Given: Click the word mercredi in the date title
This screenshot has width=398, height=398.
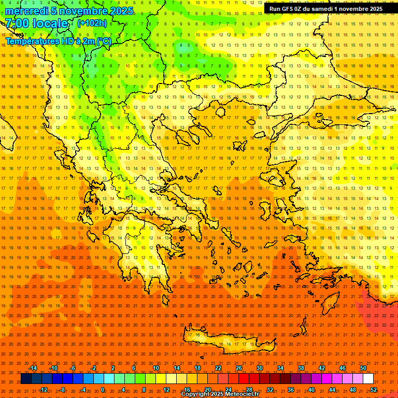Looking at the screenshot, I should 27,11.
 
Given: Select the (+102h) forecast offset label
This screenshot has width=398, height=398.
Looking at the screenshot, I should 92,23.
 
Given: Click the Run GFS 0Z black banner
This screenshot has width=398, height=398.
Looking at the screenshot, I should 326,8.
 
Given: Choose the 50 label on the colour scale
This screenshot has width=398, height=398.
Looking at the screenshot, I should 363,368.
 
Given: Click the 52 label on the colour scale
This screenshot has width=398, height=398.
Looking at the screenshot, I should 373,390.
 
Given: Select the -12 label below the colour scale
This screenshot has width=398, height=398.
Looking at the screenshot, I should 44,390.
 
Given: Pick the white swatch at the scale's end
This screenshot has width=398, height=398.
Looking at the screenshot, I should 368,379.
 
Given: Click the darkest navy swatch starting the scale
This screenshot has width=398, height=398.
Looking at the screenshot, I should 26,379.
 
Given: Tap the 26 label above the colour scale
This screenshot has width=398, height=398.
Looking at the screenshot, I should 239,368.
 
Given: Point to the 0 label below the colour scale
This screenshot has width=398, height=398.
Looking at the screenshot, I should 103,390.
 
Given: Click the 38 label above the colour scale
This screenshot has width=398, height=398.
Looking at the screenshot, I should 301,368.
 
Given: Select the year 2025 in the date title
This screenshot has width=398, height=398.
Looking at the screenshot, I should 121,11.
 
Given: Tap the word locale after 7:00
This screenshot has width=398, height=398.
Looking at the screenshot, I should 50,23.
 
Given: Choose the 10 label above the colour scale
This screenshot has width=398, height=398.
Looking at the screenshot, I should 156,368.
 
